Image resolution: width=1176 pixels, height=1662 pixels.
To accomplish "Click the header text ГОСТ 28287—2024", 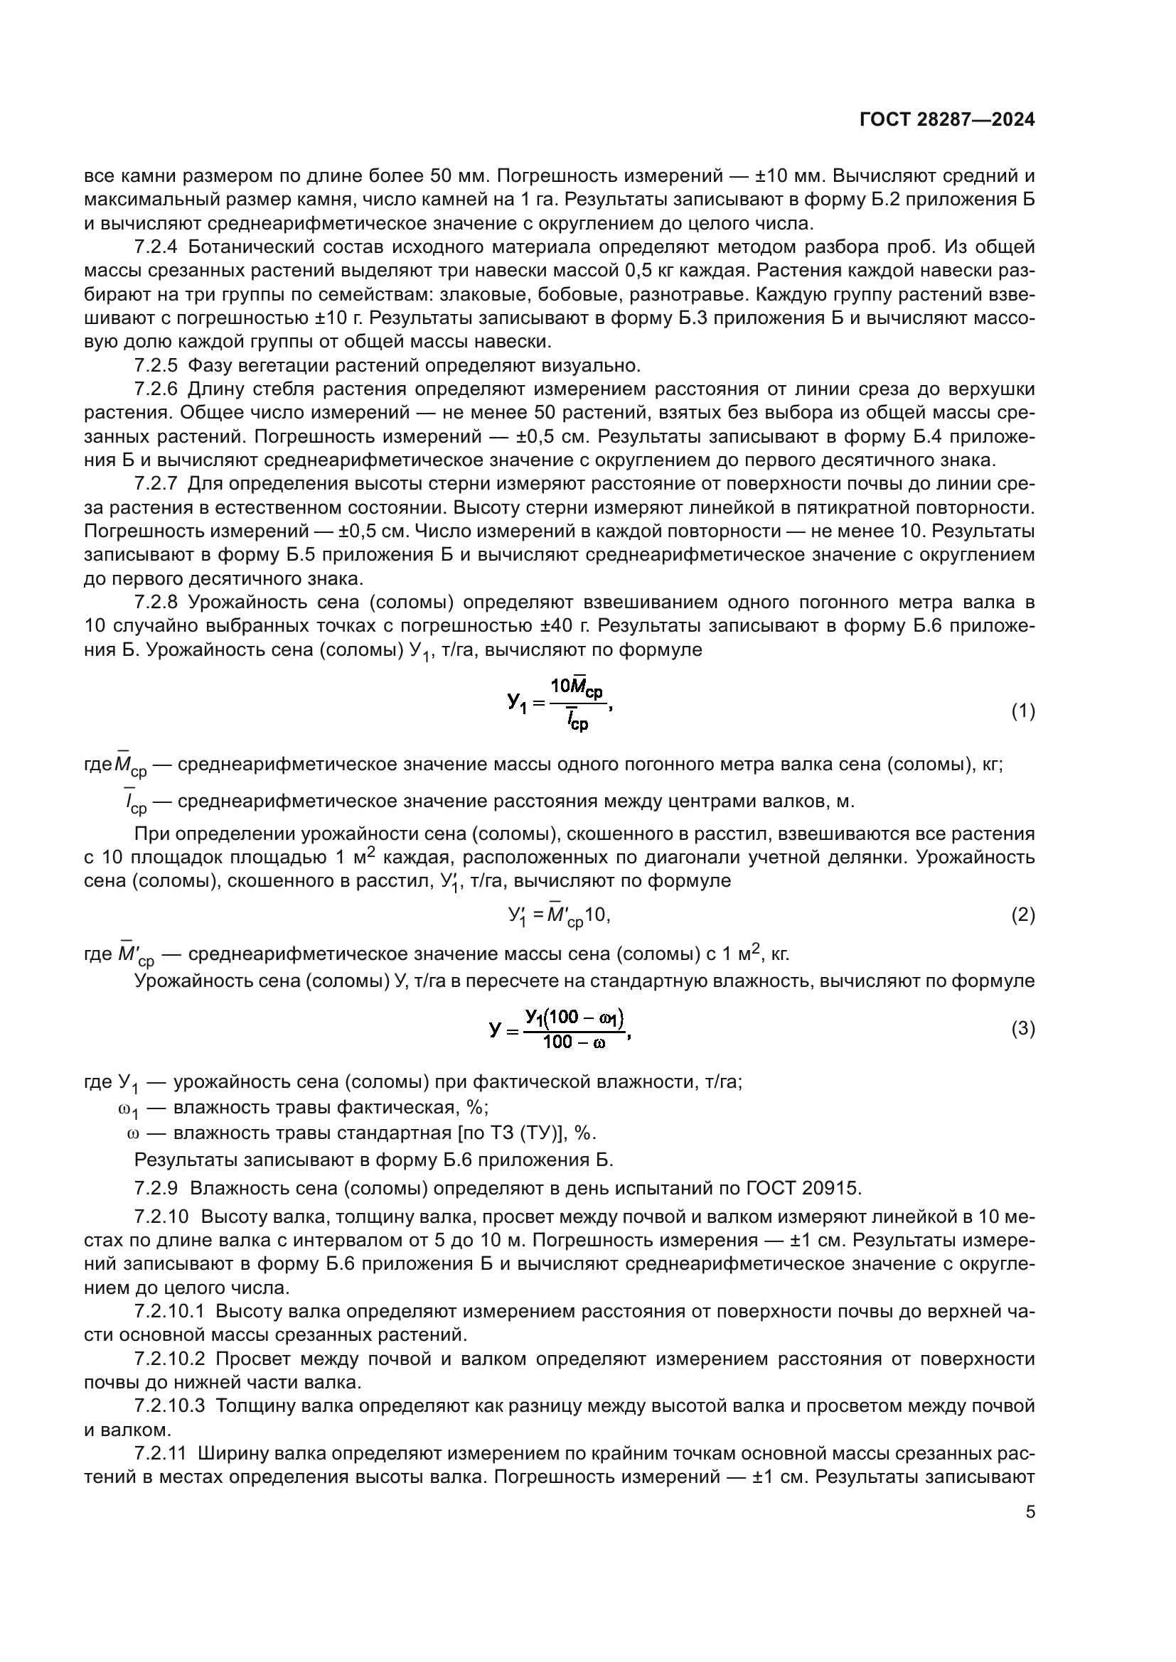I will tap(946, 120).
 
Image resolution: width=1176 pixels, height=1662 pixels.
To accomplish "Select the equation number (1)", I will tap(1022, 711).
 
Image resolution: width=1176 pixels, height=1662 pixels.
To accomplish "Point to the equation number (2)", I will tap(1022, 915).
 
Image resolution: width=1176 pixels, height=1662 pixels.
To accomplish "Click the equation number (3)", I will tap(1022, 1029).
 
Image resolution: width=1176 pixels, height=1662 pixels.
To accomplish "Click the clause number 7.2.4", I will tap(156, 247).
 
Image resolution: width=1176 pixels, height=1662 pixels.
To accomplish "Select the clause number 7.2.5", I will tap(156, 365).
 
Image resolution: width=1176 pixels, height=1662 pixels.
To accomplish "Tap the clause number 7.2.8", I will tap(156, 603).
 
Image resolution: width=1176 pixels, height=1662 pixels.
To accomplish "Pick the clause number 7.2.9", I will tap(156, 1188).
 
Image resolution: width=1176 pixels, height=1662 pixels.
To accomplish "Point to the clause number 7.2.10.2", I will tap(170, 1359).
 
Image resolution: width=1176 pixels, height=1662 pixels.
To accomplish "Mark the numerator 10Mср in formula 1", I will tap(577, 686).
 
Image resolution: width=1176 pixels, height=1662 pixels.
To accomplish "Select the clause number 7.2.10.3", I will tap(170, 1406).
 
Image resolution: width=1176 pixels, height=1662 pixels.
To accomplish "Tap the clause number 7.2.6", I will tap(156, 389).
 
